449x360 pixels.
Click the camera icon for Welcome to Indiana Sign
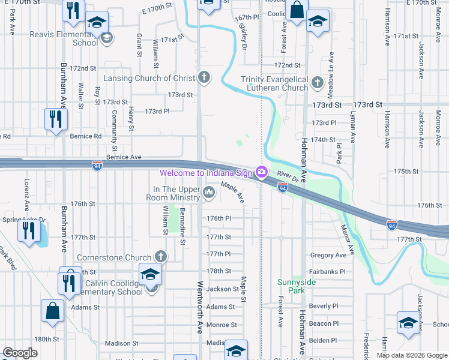pos(261,173)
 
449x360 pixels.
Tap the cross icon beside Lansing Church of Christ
pos(204,77)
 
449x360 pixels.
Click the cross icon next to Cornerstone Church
pos(160,257)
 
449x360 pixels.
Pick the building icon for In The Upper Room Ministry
pos(209,192)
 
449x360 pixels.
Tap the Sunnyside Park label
pos(292,286)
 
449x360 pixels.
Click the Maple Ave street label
pos(232,192)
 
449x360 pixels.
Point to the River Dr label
pos(288,178)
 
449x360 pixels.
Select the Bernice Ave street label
pos(124,157)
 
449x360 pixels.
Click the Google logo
pos(20,353)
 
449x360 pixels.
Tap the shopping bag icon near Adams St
pos(52,311)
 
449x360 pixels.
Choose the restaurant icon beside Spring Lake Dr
pos(28,230)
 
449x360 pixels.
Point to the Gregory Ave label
pos(328,255)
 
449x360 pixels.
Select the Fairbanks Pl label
pos(328,271)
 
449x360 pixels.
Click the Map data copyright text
pos(411,355)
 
